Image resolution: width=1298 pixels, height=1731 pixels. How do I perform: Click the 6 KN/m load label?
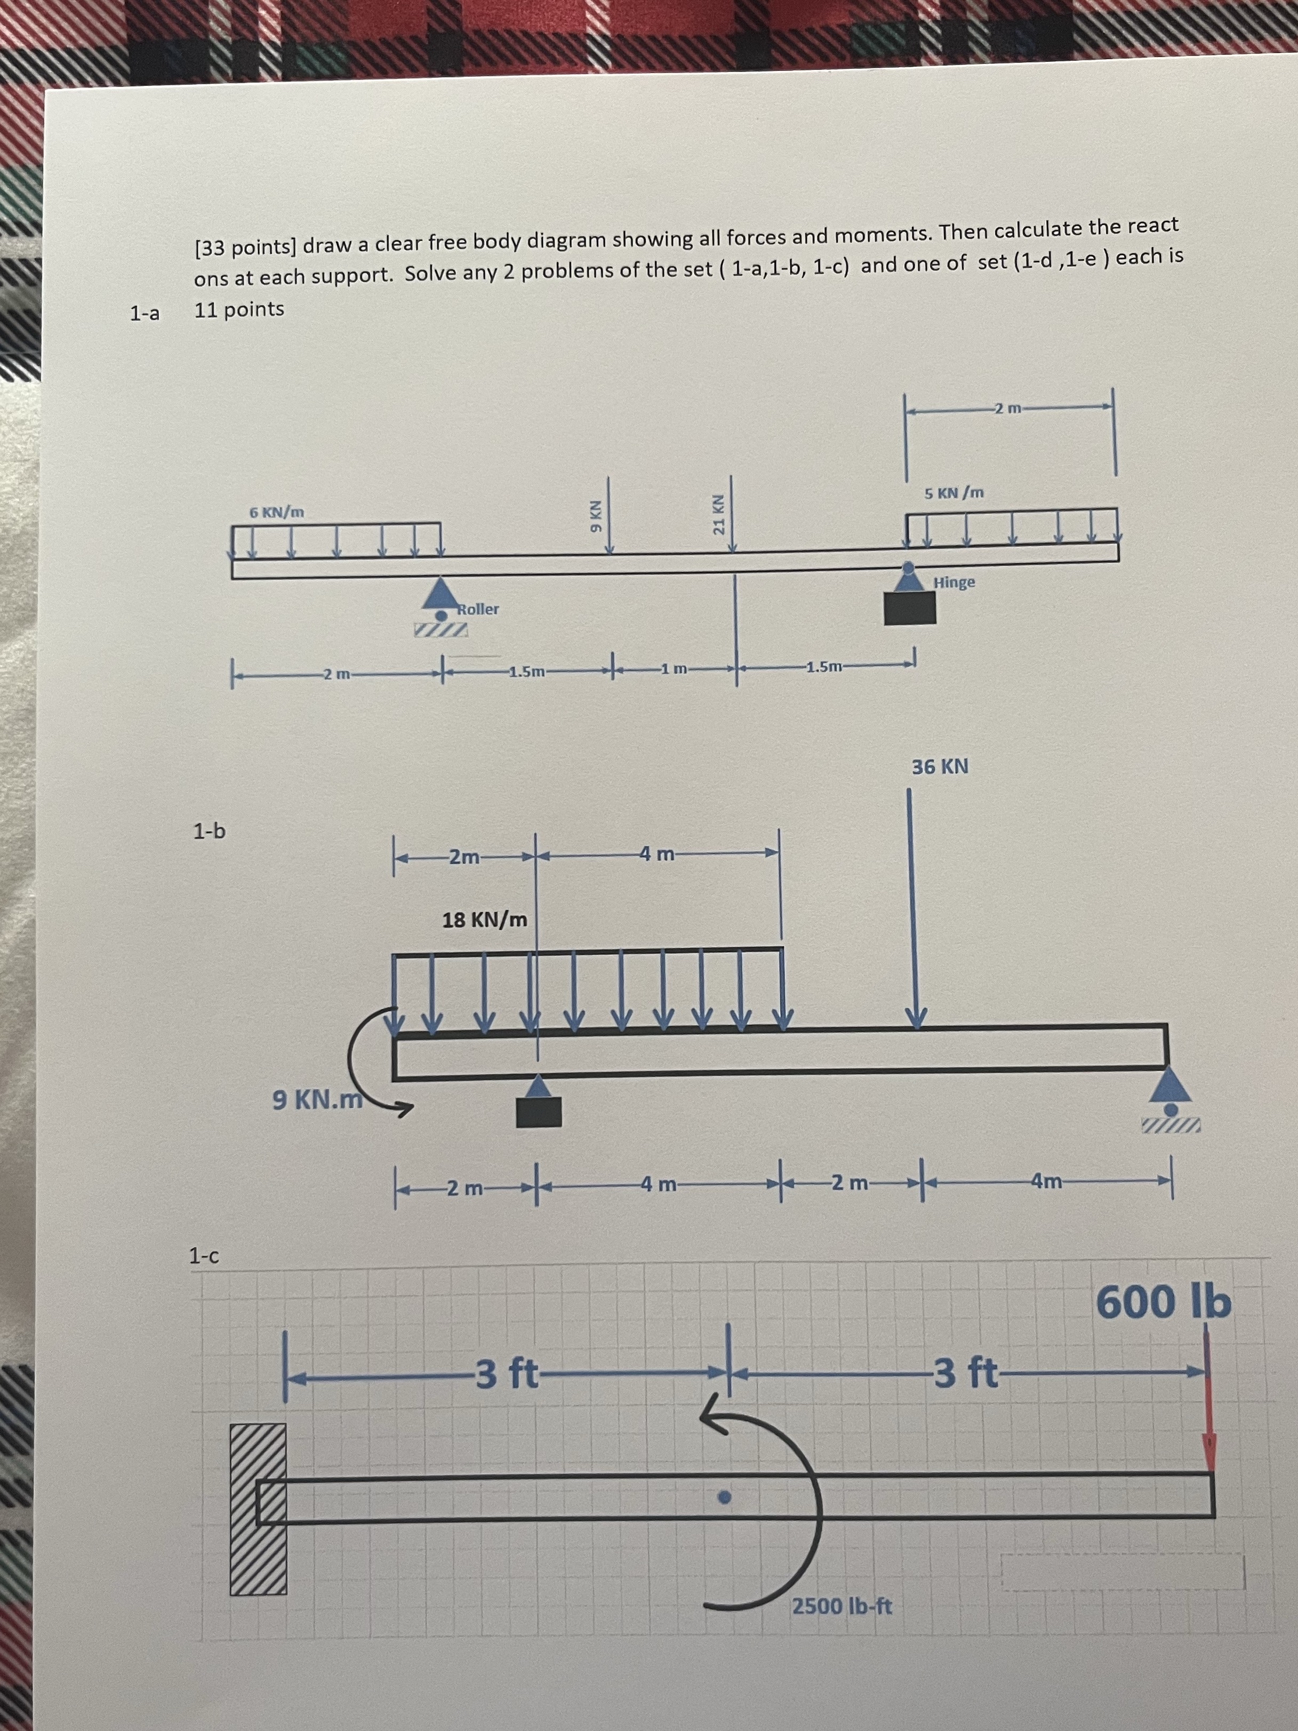(277, 513)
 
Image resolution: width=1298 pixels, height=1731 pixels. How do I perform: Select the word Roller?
(478, 608)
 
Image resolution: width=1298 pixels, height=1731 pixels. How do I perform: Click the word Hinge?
(954, 582)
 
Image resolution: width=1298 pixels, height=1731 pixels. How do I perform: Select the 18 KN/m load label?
(484, 920)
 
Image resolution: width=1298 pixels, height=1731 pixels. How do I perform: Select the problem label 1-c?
(204, 1256)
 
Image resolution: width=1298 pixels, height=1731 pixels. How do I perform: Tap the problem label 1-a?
(145, 314)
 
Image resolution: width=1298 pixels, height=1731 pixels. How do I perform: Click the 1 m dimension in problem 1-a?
(674, 668)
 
